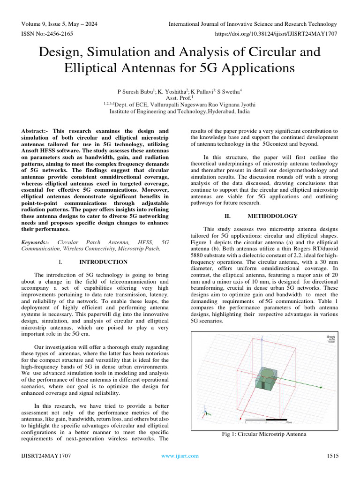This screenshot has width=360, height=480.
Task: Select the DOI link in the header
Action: (275, 34)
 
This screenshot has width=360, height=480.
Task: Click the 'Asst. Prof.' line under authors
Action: (180, 98)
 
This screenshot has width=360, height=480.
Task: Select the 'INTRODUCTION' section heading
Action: (103, 262)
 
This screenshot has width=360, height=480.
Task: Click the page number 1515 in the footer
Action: (331, 456)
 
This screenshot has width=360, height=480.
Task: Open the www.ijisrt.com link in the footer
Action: (178, 456)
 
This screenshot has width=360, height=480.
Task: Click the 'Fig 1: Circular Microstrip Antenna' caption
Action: (264, 434)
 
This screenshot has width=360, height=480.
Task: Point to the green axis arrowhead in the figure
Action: (322, 387)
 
